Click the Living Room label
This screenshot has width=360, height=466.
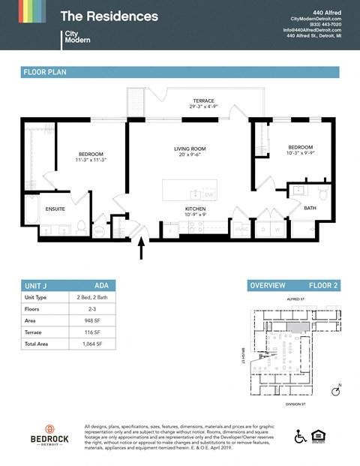(190, 149)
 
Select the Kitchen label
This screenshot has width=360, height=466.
(196, 209)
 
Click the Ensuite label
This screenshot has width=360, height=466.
(55, 209)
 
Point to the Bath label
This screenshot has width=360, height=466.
(310, 207)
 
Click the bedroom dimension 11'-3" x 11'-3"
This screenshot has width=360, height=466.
(91, 160)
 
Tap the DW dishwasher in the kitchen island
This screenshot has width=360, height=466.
(209, 195)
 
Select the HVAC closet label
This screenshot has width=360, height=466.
(242, 229)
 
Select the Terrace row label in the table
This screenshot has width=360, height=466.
(34, 331)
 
